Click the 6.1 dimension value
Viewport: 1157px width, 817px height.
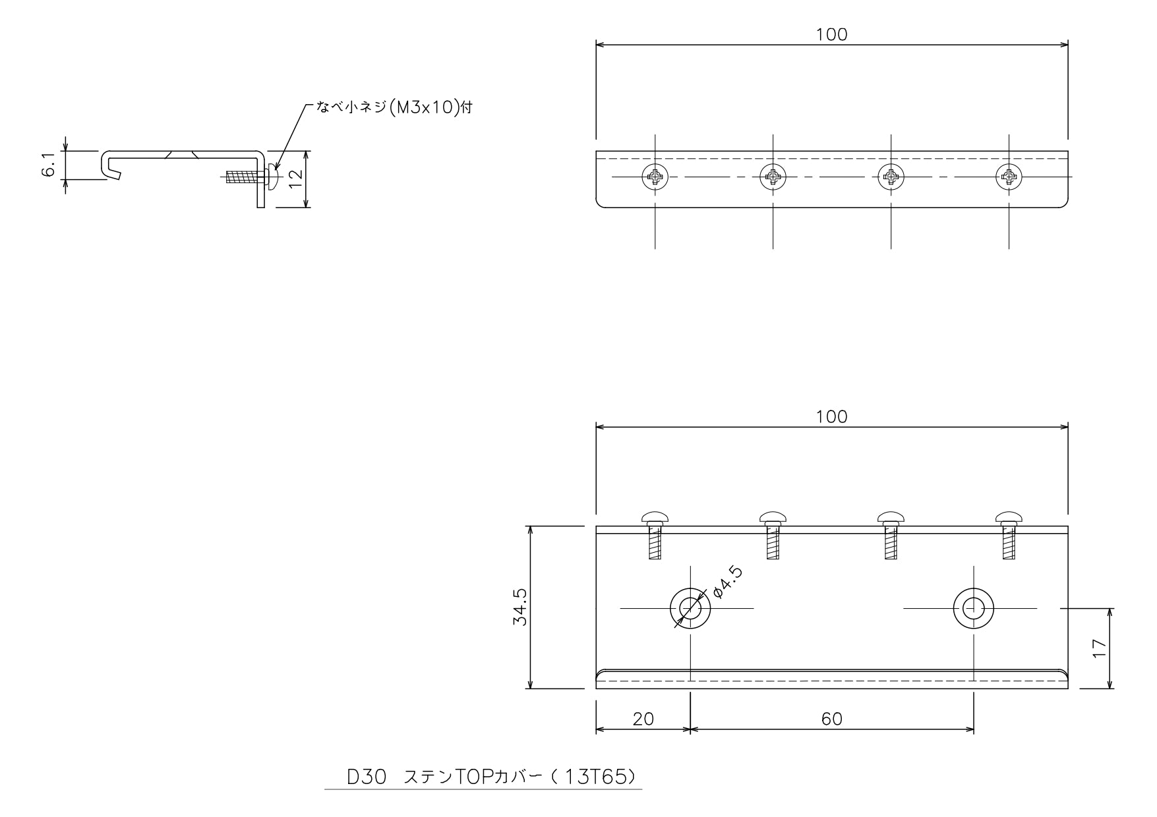tap(47, 165)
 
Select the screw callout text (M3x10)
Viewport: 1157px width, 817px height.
tap(394, 108)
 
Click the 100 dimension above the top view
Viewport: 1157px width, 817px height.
tap(832, 34)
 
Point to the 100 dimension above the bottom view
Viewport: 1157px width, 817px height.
tap(832, 416)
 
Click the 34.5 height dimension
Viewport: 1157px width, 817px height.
tap(521, 607)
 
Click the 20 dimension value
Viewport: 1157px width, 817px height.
tap(643, 719)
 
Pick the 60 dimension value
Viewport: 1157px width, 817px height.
tap(832, 719)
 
